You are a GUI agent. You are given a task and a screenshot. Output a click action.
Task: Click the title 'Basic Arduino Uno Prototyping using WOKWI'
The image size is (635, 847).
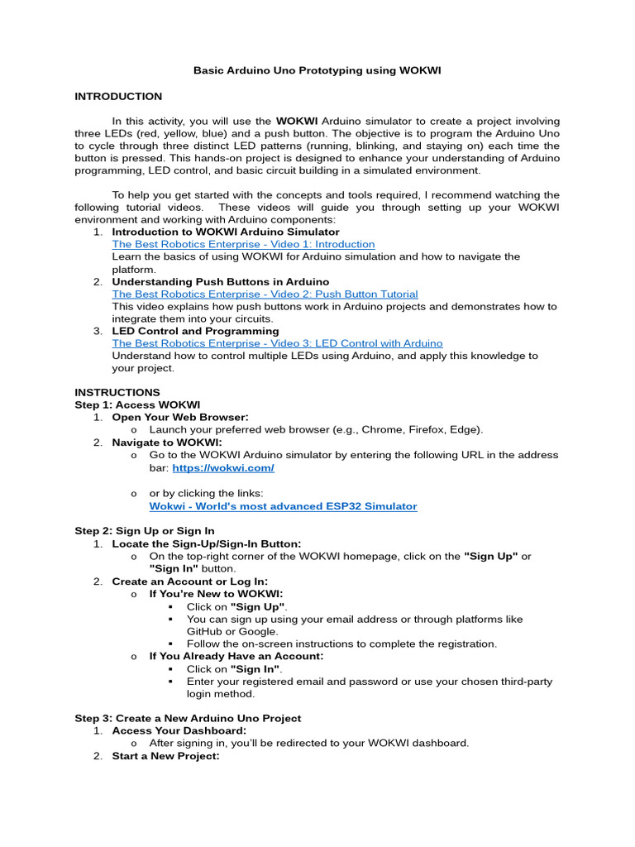pyautogui.click(x=317, y=71)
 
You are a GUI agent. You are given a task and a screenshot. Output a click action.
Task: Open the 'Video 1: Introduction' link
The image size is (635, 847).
pyautogui.click(x=243, y=245)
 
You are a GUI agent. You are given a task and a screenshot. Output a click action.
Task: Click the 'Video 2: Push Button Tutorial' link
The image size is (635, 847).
pyautogui.click(x=265, y=294)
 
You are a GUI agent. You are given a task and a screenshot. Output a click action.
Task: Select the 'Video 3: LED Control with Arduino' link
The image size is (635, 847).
pyautogui.click(x=277, y=343)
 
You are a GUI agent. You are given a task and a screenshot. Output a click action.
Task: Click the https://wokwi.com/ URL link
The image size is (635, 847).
pyautogui.click(x=222, y=468)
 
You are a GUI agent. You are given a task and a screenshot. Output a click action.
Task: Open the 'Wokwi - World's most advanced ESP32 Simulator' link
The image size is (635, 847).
pyautogui.click(x=283, y=506)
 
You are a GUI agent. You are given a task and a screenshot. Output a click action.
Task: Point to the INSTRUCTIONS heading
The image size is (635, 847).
pyautogui.click(x=117, y=392)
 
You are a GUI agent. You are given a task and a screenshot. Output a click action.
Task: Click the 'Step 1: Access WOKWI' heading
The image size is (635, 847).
pyautogui.click(x=137, y=404)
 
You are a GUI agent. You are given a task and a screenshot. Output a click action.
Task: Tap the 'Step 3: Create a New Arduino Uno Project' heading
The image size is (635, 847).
pyautogui.click(x=188, y=718)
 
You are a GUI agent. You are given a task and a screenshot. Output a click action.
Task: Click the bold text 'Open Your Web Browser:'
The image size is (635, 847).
pyautogui.click(x=180, y=418)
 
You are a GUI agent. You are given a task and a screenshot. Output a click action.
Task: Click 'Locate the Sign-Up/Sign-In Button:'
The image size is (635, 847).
pyautogui.click(x=207, y=543)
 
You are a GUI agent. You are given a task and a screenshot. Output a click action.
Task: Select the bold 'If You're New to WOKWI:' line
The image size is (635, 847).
pyautogui.click(x=216, y=594)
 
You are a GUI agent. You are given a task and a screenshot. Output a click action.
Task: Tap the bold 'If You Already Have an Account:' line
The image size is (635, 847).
pyautogui.click(x=236, y=656)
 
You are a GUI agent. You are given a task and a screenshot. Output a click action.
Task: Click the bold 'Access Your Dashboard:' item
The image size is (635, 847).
pyautogui.click(x=179, y=730)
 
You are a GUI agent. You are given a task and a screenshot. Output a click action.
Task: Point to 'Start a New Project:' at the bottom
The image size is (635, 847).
pyautogui.click(x=165, y=756)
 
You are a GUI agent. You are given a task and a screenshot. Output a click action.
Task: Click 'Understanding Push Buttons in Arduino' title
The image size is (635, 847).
pyautogui.click(x=220, y=282)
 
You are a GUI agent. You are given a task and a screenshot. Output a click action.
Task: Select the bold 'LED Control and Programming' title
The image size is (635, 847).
pyautogui.click(x=195, y=331)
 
